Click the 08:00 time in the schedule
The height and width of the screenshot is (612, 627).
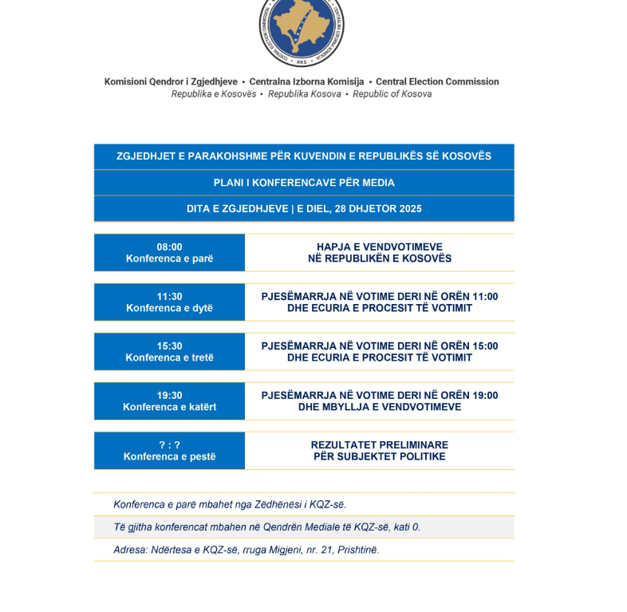169,247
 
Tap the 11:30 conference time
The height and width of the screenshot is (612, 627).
169,297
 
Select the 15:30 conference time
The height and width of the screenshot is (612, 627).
169,346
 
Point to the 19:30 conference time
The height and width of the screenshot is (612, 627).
169,396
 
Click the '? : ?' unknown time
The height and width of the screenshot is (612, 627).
169,445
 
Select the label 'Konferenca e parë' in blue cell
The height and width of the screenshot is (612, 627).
169,259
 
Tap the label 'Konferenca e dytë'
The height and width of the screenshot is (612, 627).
169,308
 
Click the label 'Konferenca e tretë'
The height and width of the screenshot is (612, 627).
169,357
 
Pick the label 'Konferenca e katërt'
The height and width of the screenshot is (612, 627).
169,407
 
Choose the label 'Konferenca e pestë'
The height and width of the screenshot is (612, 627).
169,456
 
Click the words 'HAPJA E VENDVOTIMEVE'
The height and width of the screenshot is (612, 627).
380,247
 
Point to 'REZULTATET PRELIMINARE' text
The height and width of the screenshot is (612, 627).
380,445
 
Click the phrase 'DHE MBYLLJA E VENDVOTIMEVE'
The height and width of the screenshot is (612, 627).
380,407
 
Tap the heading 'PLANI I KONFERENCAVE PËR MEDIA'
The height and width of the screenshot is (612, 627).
304,183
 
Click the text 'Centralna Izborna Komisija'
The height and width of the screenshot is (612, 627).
306,81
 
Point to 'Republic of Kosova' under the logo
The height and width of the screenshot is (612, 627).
392,94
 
